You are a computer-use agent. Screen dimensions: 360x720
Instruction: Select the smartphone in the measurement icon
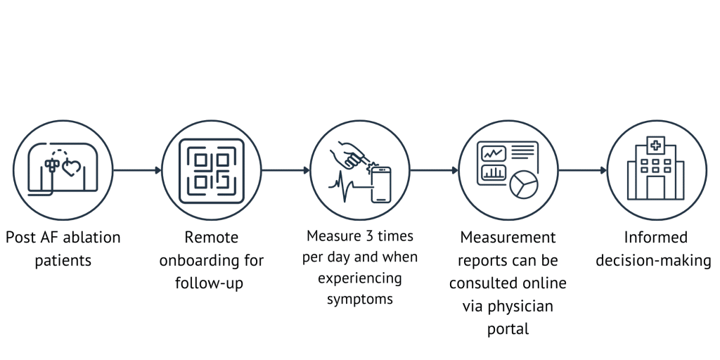point(380,184)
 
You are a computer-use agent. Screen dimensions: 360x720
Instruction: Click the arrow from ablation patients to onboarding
point(136,169)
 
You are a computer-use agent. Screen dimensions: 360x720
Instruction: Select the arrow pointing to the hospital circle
point(582,170)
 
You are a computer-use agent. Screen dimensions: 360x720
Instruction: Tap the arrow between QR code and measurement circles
point(285,170)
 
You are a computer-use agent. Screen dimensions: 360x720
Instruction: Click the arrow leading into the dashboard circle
point(434,170)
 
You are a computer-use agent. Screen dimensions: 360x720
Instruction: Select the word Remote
point(211,238)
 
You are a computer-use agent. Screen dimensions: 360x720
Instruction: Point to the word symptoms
point(360,299)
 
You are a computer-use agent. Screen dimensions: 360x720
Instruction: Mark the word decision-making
point(654,261)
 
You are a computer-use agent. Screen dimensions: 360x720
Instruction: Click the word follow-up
point(211,284)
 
